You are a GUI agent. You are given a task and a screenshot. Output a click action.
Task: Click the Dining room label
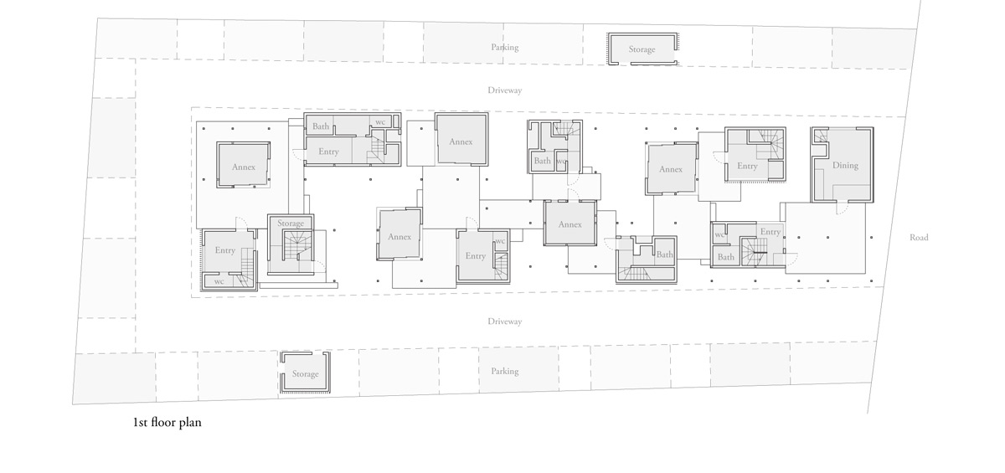(845, 165)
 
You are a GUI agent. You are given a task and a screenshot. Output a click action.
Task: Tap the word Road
(919, 238)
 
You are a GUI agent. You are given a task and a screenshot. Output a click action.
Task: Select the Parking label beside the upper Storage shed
(504, 48)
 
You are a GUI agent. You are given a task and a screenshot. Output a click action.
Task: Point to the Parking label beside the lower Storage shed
(504, 371)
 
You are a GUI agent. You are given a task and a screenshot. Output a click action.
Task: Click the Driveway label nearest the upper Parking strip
(504, 90)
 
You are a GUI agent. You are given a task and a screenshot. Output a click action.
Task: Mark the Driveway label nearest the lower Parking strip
(504, 321)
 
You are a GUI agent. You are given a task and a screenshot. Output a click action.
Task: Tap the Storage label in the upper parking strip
(642, 49)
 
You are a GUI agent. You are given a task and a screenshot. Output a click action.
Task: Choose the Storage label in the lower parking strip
(305, 374)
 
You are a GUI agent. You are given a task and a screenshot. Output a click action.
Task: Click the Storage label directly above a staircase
(291, 224)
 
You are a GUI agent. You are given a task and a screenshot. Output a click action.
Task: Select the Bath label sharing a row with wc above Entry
(321, 126)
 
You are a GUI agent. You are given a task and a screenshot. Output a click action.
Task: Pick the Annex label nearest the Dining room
(670, 169)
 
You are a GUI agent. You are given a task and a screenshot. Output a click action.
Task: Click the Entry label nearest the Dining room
(747, 166)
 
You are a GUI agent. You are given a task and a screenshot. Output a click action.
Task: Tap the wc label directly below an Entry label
(219, 281)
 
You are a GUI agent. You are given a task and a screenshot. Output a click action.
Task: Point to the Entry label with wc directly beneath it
(224, 250)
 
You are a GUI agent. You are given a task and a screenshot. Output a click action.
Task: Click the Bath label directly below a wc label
(725, 257)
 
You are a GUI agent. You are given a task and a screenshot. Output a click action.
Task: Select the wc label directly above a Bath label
(719, 235)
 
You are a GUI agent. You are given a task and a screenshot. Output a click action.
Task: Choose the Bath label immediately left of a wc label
(542, 161)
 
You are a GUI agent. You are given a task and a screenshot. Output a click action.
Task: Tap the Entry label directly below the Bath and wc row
(328, 152)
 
